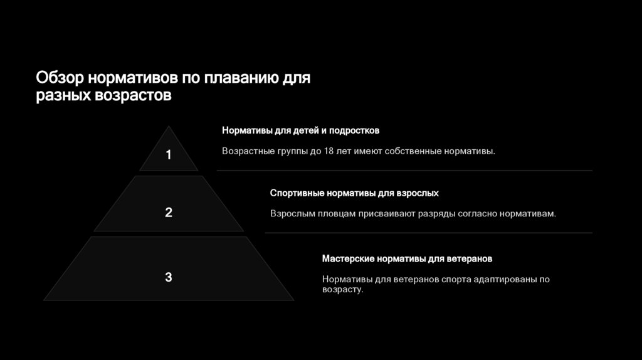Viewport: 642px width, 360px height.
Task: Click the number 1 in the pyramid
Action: [168, 155]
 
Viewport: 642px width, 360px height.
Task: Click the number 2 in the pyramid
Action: [168, 213]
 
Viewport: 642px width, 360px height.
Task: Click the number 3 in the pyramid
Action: [168, 277]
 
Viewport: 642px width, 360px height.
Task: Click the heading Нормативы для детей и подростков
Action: [300, 130]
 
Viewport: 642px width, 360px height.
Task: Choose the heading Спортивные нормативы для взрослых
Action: [354, 193]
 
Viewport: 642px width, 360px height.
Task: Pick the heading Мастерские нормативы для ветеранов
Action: [407, 258]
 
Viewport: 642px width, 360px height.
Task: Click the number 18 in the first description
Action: [330, 151]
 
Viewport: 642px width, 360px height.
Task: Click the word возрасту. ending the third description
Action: [342, 290]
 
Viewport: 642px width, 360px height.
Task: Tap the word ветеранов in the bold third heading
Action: [470, 258]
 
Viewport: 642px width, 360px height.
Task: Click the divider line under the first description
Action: [404, 170]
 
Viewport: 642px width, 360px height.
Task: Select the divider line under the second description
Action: [428, 233]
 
